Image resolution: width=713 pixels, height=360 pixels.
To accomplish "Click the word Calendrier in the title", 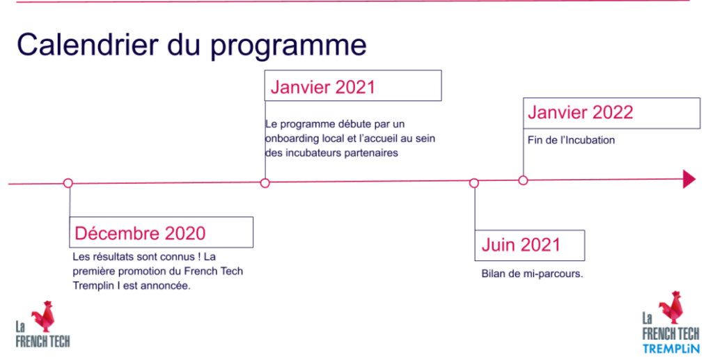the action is tap(88, 45).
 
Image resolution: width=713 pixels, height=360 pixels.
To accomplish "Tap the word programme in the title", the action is tap(289, 47).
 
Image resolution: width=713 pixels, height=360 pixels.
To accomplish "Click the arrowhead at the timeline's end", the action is tap(689, 180).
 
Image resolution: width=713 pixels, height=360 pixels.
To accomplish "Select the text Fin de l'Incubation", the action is tap(571, 140).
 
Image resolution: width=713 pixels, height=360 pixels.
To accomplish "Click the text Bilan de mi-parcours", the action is tap(532, 274).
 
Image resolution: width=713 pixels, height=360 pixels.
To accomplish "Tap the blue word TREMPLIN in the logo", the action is tap(671, 349).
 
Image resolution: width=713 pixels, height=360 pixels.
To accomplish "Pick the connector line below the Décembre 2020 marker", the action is tap(70, 202).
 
